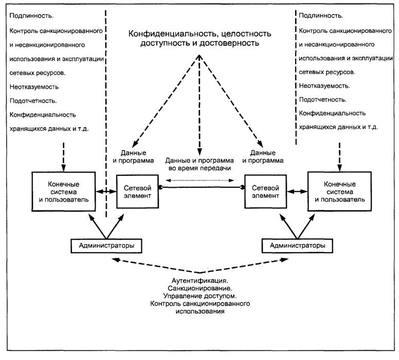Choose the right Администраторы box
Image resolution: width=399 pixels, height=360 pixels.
(x=294, y=246)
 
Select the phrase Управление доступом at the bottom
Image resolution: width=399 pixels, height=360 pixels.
(x=200, y=296)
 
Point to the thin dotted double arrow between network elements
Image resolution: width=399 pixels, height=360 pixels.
(x=200, y=180)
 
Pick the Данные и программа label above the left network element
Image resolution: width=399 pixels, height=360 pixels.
(x=133, y=156)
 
